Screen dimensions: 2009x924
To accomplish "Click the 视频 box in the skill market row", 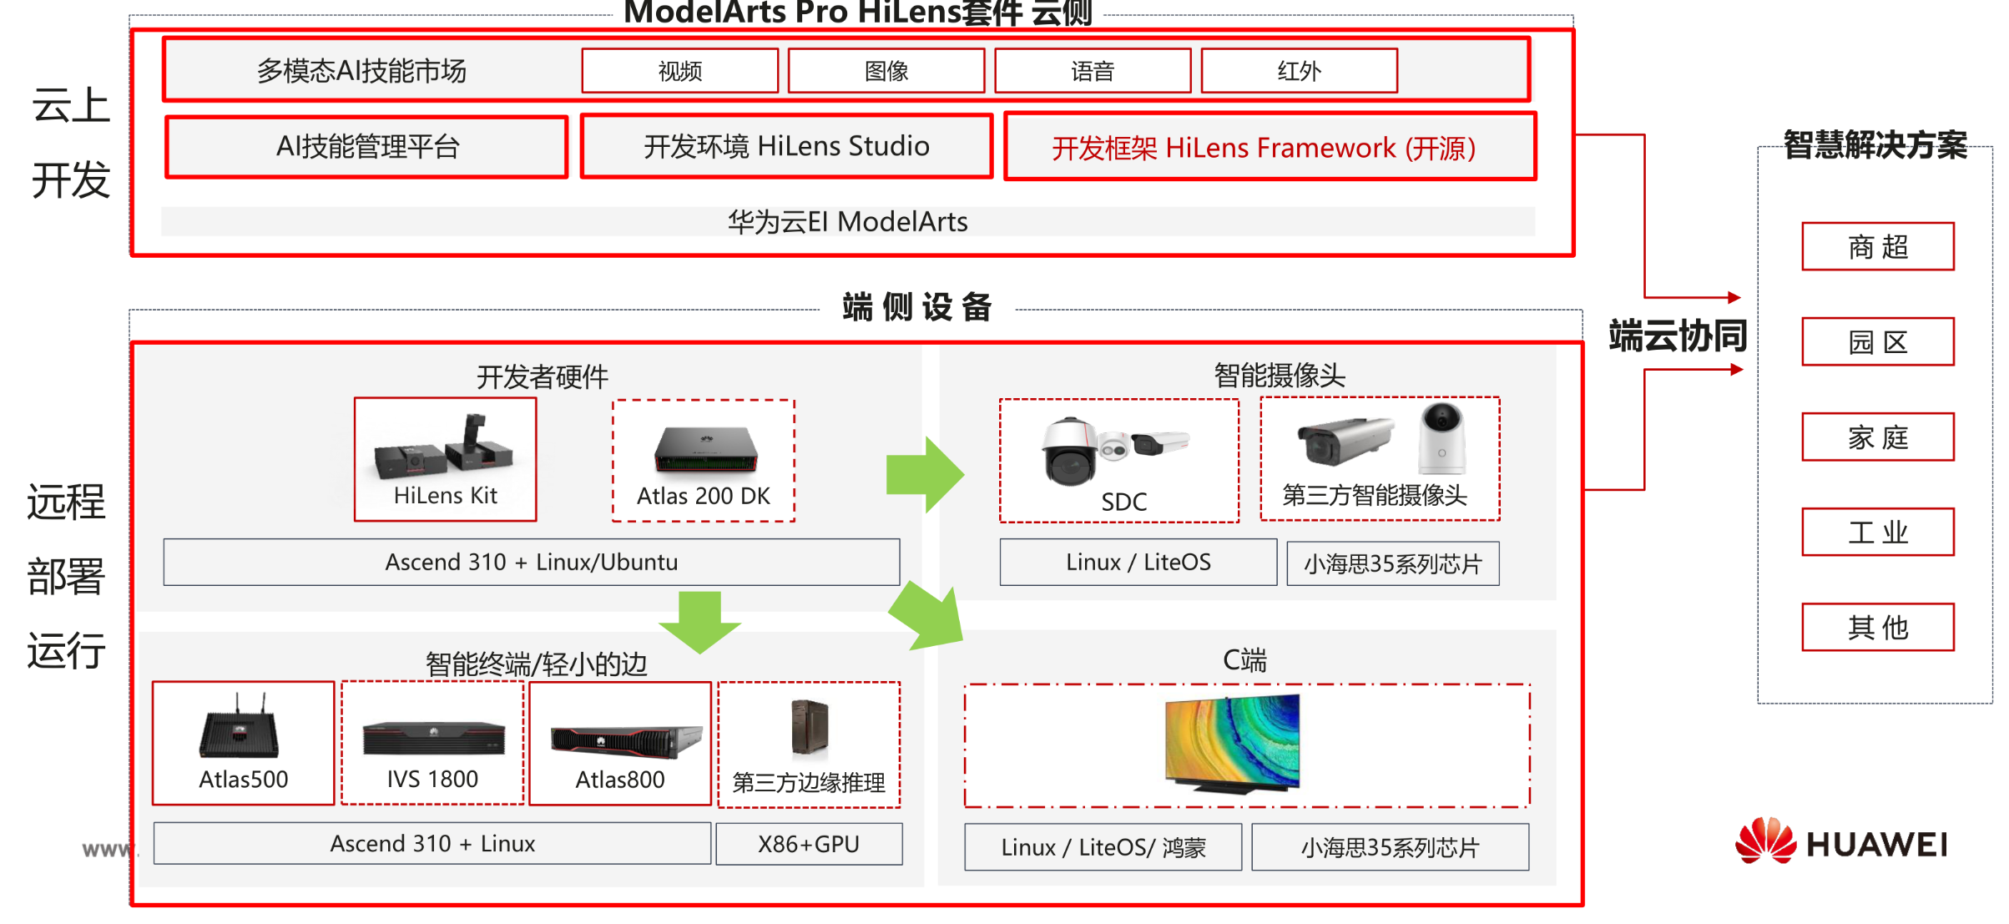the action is pyautogui.click(x=679, y=71).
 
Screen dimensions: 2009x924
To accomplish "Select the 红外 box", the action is pyautogui.click(x=1299, y=71).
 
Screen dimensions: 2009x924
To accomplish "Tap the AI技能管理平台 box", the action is pyautogui.click(x=367, y=147).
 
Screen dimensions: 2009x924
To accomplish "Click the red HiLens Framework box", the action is pyautogui.click(x=1270, y=147).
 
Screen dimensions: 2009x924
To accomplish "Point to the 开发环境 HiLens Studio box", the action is pyautogui.click(x=786, y=146).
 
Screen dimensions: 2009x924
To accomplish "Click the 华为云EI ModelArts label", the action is pyautogui.click(x=847, y=222).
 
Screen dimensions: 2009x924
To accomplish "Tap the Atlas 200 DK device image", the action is pyautogui.click(x=706, y=449).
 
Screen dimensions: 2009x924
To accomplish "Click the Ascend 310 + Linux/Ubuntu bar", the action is pyautogui.click(x=532, y=562).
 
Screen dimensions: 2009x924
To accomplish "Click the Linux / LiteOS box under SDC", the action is pyautogui.click(x=1138, y=563).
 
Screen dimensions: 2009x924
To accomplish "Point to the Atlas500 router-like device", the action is pyautogui.click(x=239, y=725).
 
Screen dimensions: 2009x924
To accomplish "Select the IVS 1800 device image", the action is pyautogui.click(x=433, y=738).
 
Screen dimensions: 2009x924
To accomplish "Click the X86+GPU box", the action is pyautogui.click(x=809, y=844).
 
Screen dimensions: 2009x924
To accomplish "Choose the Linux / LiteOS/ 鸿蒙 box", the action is pyautogui.click(x=1103, y=847).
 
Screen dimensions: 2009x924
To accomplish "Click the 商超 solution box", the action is pyautogui.click(x=1878, y=246).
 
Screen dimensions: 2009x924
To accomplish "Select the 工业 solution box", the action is pyautogui.click(x=1878, y=532).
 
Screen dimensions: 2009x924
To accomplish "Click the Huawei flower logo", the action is pyautogui.click(x=1765, y=841).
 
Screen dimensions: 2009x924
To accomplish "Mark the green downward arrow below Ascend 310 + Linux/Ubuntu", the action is pyautogui.click(x=699, y=622).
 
